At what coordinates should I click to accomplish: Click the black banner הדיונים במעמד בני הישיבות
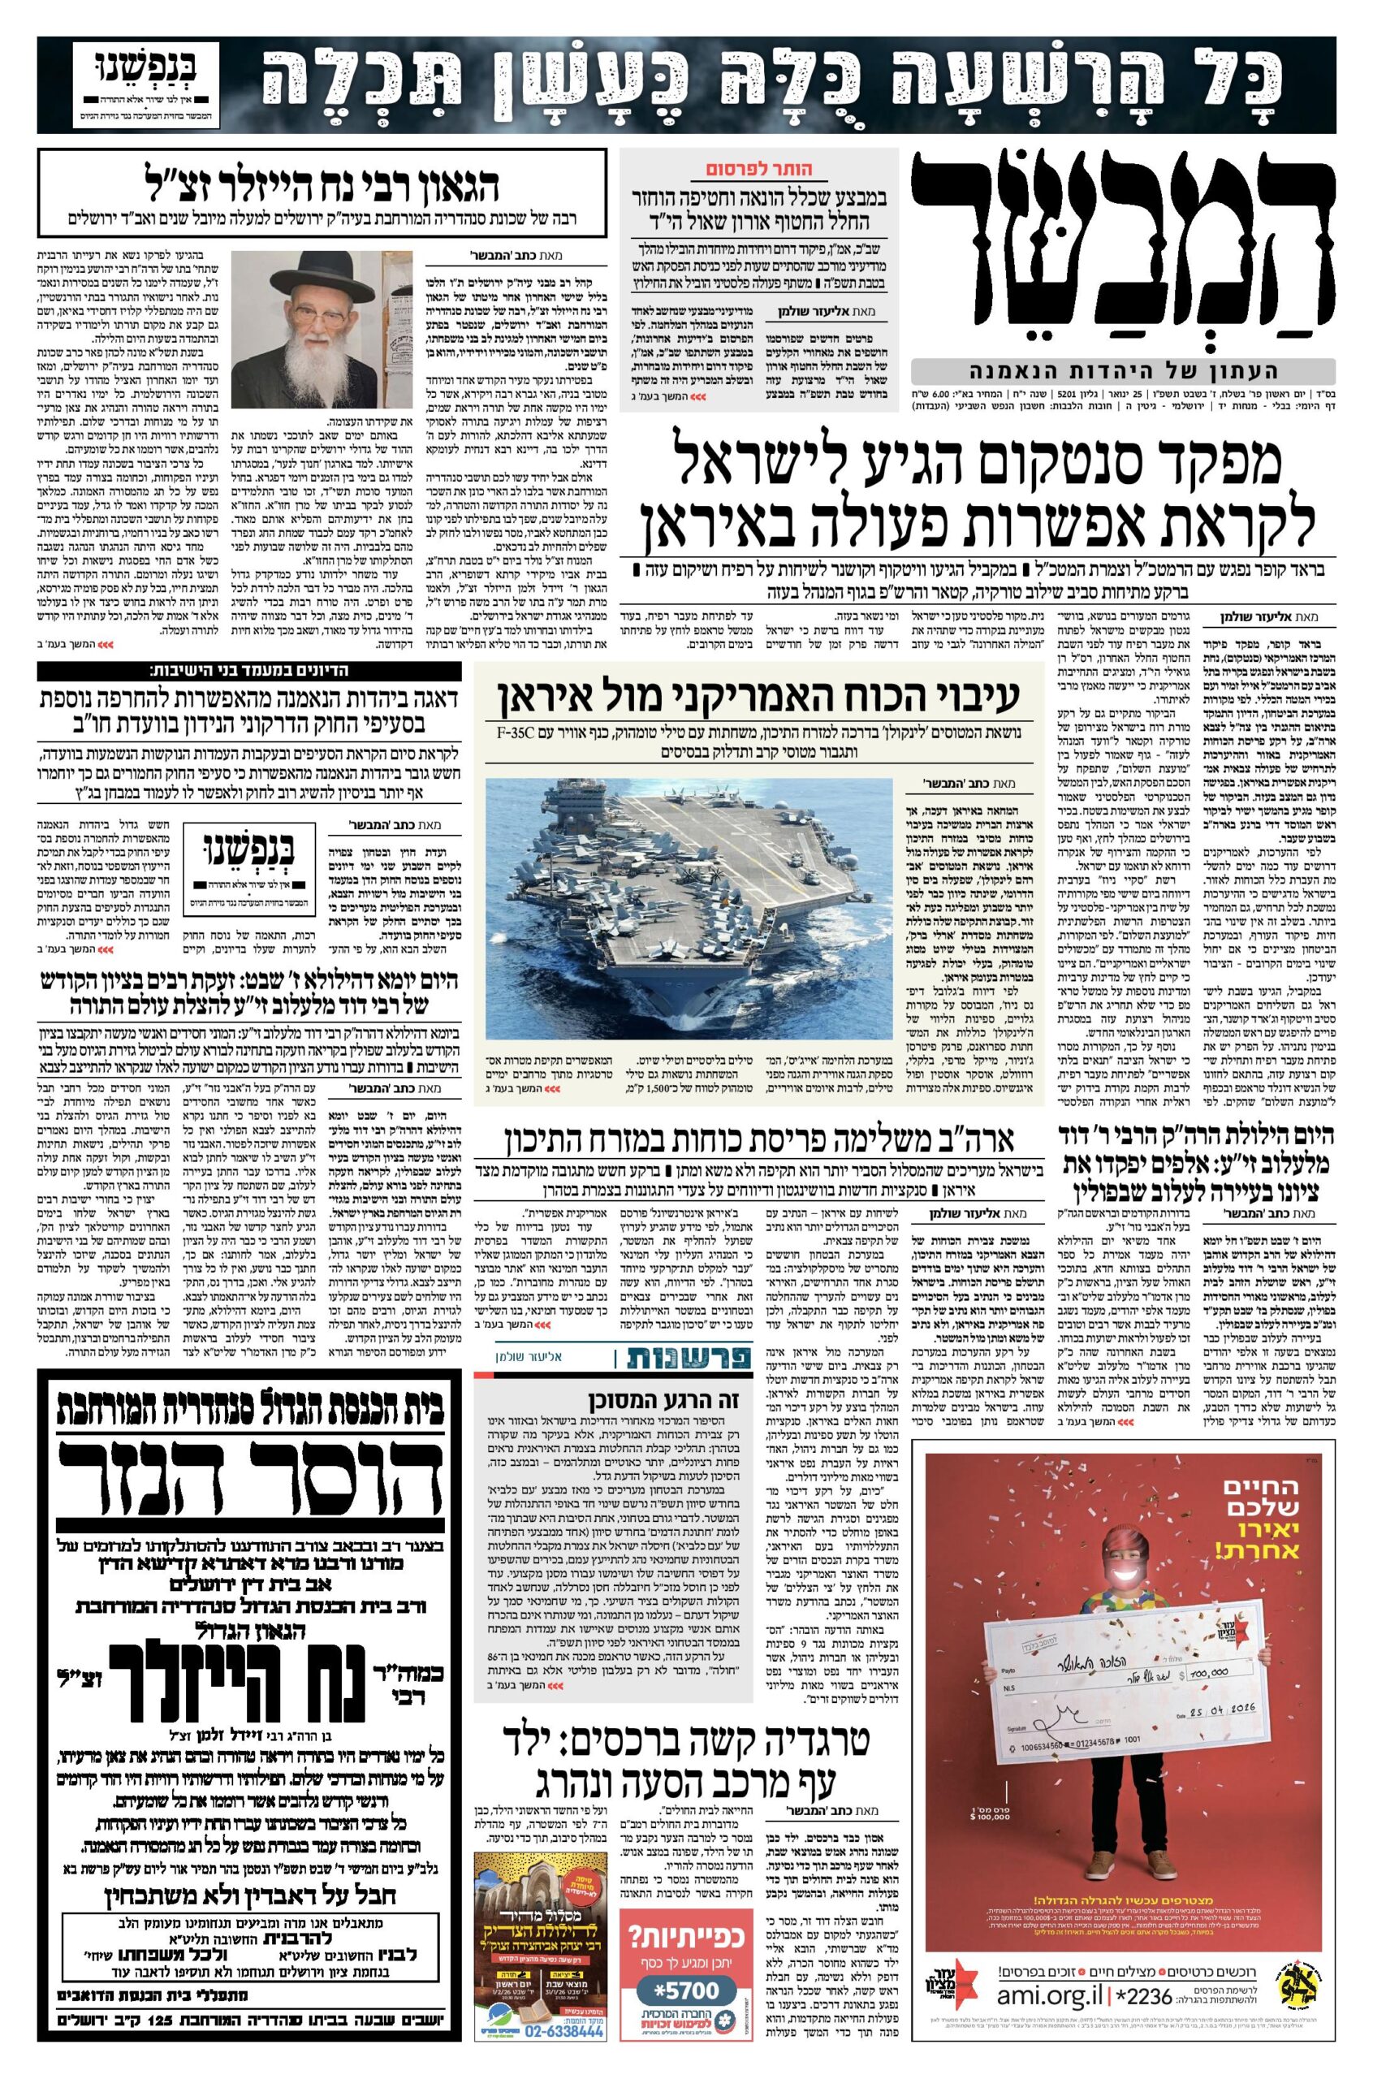coord(249,671)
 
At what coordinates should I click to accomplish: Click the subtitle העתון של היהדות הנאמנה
coord(1123,370)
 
